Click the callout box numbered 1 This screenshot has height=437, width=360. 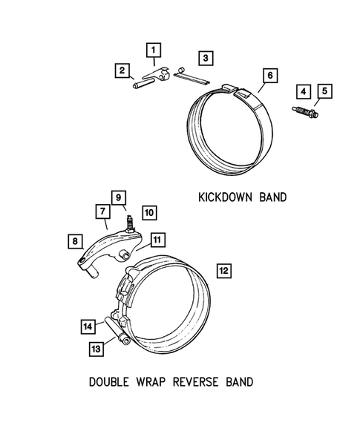154,50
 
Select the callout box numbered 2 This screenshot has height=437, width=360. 120,70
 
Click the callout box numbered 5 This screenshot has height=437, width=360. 324,91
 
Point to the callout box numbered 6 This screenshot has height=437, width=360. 269,75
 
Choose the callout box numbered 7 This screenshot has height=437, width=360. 99,212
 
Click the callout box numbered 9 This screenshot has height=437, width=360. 119,197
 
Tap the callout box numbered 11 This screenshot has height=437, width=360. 157,240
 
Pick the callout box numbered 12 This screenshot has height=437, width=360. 224,270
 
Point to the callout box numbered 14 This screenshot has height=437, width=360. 88,325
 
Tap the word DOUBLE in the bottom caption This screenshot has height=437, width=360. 111,383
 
